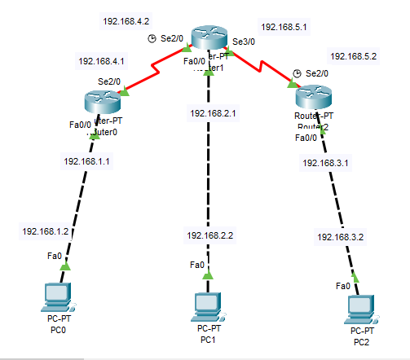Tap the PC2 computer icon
click(360, 308)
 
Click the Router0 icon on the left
click(102, 103)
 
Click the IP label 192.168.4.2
click(126, 20)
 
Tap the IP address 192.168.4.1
click(102, 60)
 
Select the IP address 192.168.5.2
click(354, 56)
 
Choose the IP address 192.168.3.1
click(326, 163)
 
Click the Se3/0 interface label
click(244, 41)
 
